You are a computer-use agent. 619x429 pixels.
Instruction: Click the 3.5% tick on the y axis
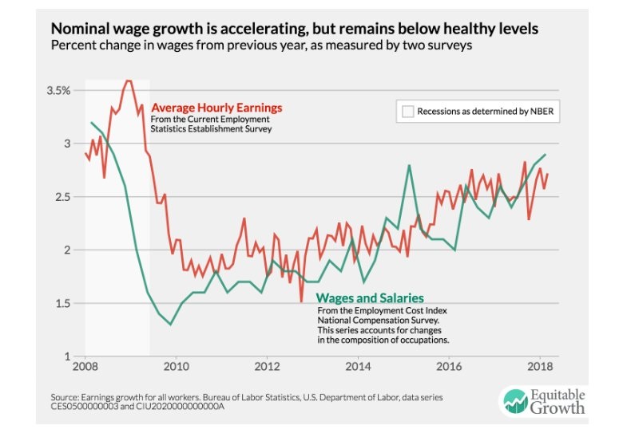click(59, 90)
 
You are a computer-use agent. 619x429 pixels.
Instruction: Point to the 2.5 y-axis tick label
click(64, 197)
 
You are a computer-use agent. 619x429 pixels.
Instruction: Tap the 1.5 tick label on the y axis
click(64, 303)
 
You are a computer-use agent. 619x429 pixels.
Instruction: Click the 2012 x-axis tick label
click(267, 367)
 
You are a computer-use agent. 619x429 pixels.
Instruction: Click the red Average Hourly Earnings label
click(216, 108)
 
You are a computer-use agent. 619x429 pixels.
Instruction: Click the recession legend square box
click(407, 112)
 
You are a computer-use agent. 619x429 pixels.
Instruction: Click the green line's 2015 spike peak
click(409, 165)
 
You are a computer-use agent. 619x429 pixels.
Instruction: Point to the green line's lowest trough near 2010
click(170, 325)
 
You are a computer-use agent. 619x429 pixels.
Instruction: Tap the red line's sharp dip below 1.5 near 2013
click(301, 301)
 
